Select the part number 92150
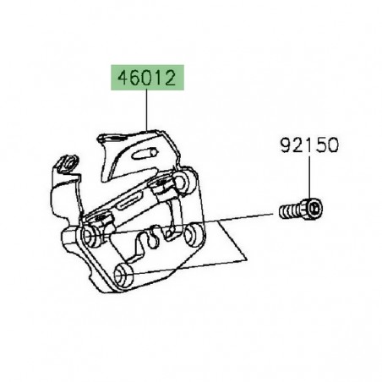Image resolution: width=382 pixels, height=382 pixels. [x=308, y=145]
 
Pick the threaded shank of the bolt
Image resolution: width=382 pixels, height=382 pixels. [x=290, y=209]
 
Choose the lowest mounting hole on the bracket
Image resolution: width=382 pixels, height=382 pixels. [x=122, y=272]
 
